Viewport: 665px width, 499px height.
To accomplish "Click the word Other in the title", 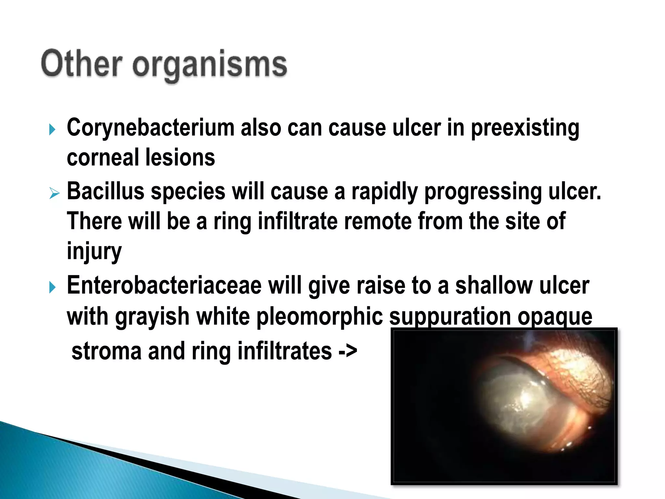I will tap(82, 64).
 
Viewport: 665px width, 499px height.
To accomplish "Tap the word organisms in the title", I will tap(210, 65).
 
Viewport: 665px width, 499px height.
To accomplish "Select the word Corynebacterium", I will tap(150, 128).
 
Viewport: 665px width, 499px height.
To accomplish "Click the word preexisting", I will tap(525, 128).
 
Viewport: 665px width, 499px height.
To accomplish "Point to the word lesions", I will tap(180, 158).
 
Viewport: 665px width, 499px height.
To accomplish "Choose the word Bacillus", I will tap(106, 191).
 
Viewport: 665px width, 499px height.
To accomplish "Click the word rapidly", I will tap(384, 192).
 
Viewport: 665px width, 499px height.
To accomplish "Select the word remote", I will tap(378, 221).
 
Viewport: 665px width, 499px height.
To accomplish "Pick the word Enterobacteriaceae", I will tap(164, 286).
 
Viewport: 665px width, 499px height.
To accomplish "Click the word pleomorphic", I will tap(320, 317).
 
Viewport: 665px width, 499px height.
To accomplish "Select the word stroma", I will tap(107, 351).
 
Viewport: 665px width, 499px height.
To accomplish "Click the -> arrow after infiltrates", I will tap(347, 351).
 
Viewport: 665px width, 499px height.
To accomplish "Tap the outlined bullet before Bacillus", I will tap(54, 194).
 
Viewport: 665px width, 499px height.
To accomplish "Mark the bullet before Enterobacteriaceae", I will tap(52, 287).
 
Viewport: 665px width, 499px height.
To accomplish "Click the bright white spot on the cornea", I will tap(523, 398).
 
